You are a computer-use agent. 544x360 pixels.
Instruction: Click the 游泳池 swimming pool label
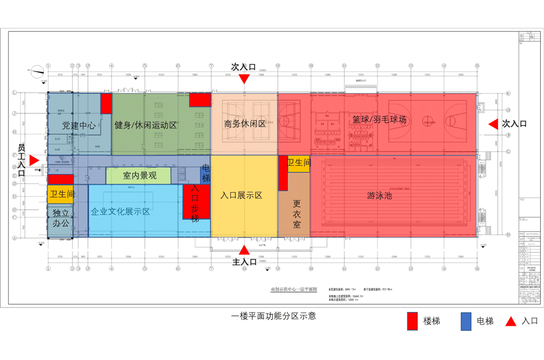380,195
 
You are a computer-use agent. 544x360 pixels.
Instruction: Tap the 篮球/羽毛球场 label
379,119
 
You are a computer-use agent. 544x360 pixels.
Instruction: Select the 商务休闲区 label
244,124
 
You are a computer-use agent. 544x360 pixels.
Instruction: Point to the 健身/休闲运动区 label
146,125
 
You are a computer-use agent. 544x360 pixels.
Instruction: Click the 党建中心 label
79,125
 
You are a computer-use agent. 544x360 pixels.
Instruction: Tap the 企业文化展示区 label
121,212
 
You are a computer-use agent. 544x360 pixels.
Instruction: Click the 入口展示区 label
242,195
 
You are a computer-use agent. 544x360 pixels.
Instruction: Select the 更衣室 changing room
296,214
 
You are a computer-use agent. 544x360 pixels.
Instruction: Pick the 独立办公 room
60,218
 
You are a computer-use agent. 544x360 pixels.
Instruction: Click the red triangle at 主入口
244,250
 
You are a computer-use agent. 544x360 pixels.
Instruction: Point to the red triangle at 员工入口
34,160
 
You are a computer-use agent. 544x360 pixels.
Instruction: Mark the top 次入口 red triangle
244,79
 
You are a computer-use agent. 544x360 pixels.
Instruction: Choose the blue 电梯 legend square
466,321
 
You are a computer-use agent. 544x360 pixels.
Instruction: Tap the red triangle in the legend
510,321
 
